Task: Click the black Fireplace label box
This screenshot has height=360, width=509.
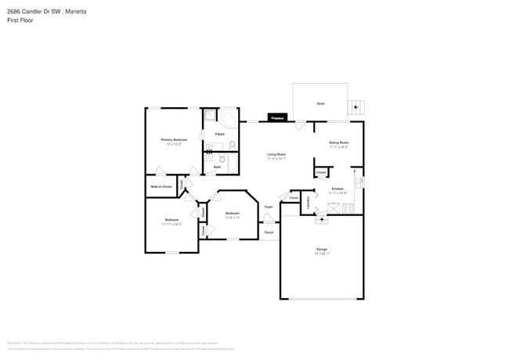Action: tap(276, 117)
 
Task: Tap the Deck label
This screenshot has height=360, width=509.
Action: tap(320, 103)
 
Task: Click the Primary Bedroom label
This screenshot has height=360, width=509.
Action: tap(173, 139)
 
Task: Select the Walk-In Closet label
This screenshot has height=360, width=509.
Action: tap(161, 188)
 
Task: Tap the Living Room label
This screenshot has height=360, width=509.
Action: tap(276, 154)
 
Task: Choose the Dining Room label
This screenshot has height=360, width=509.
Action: tap(338, 142)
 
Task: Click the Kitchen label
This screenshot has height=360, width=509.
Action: tap(338, 189)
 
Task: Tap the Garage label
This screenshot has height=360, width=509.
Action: tap(321, 249)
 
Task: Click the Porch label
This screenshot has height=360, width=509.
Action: tap(269, 232)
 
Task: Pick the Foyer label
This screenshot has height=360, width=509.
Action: tap(268, 207)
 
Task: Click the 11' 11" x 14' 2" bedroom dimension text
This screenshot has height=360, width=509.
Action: tap(171, 224)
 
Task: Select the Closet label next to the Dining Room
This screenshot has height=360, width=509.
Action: tap(321, 172)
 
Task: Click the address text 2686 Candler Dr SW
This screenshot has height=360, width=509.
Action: tap(34, 12)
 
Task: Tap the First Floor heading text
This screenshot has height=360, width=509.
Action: tap(20, 20)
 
